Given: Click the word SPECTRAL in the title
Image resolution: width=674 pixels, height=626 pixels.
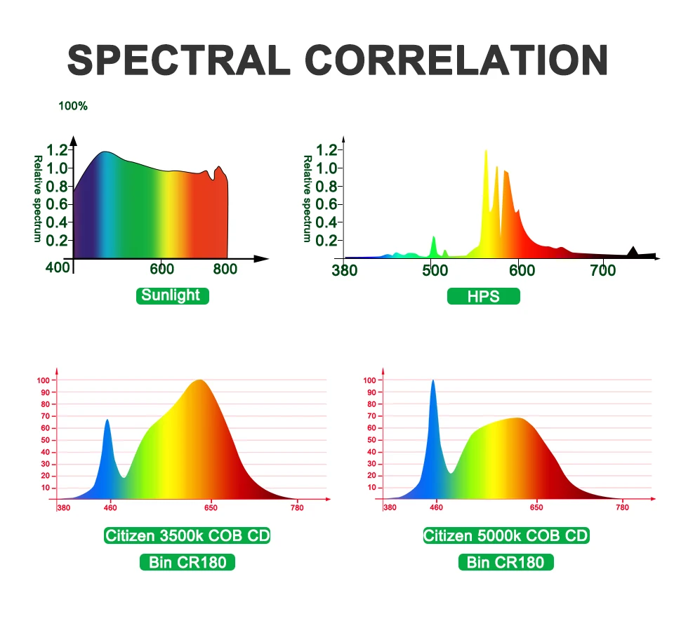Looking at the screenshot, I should (179, 60).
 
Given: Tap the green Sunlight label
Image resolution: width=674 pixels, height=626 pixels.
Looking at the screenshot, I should (172, 295).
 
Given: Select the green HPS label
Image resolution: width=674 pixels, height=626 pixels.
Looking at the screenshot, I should (483, 296).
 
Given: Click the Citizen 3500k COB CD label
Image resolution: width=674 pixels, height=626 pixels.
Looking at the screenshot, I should (187, 536).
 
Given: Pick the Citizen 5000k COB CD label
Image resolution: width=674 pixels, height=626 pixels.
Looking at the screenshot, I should (506, 536).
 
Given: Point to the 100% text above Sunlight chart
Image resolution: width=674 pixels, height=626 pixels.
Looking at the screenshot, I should (73, 106).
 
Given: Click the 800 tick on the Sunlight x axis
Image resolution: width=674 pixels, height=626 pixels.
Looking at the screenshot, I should (225, 269).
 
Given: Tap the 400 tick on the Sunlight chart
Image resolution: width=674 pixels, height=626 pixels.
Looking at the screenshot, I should (58, 268).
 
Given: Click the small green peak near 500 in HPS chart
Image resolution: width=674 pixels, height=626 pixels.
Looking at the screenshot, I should (433, 239).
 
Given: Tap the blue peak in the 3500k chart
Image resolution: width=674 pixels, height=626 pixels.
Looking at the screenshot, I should (107, 422).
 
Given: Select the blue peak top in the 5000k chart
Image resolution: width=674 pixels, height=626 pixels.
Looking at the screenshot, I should (433, 382).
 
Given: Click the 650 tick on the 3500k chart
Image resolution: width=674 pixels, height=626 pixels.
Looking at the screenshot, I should (211, 507).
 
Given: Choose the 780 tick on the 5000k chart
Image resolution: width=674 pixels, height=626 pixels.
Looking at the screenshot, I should (622, 507).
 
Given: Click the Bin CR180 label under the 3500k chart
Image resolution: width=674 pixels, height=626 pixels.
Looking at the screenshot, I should (187, 562).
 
